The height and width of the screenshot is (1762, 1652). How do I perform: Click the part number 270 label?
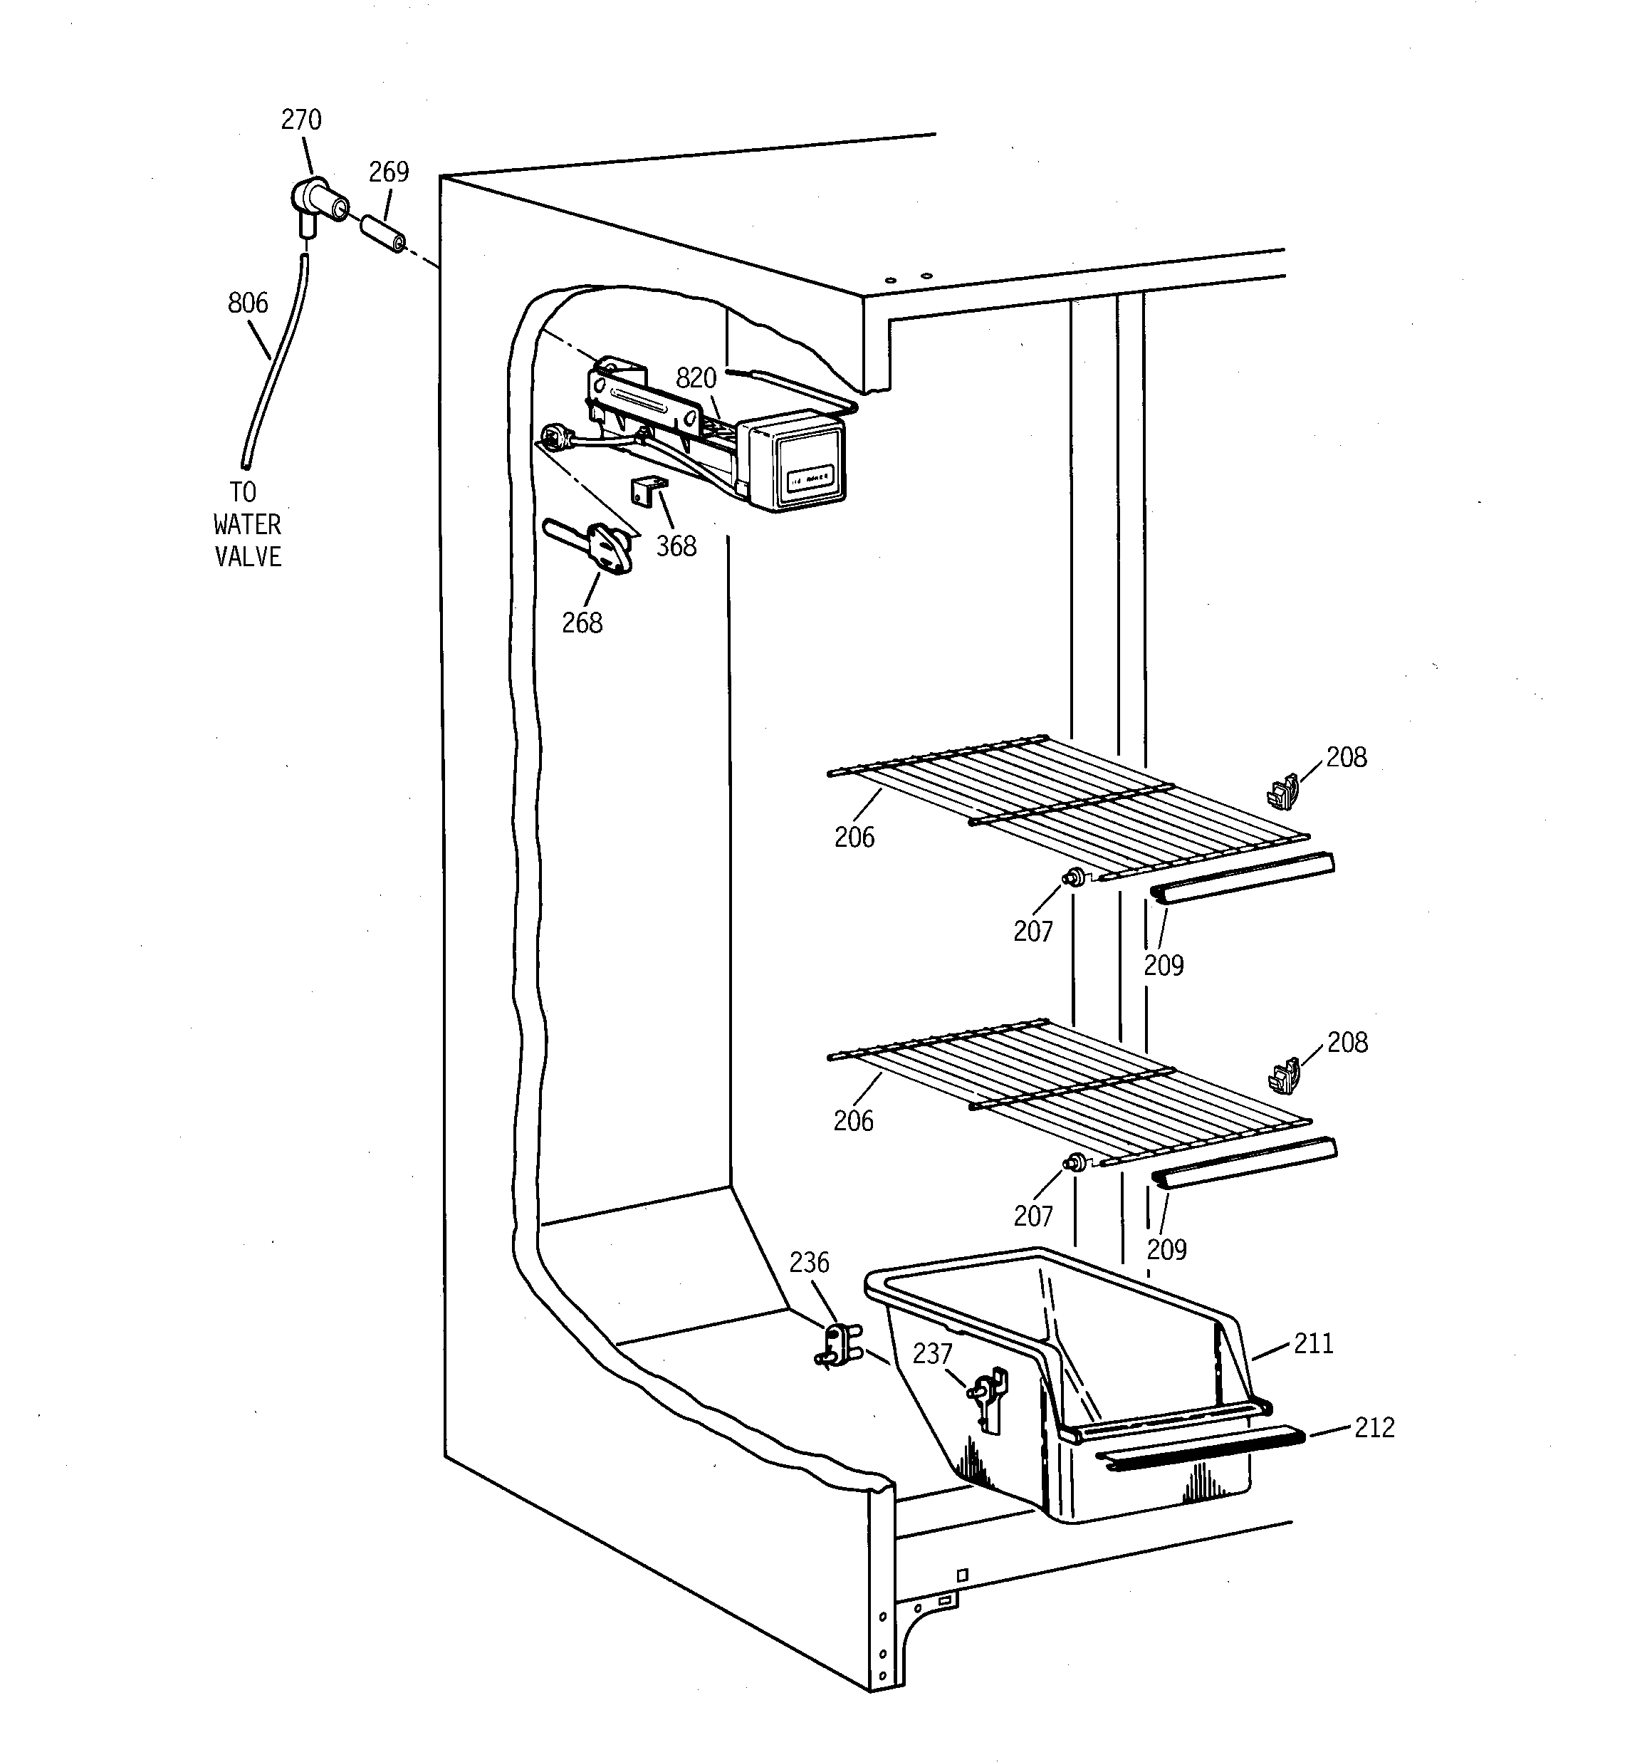[301, 120]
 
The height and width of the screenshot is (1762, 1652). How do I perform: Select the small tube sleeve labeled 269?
[383, 233]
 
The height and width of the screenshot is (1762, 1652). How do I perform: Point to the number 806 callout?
[248, 303]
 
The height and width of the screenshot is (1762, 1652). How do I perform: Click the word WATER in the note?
[247, 525]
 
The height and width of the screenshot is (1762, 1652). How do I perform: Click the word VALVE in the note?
[248, 557]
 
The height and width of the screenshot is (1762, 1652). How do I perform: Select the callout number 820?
[696, 378]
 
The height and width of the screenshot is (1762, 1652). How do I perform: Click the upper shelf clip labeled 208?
[1283, 791]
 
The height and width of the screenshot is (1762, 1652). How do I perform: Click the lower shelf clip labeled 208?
[1284, 1075]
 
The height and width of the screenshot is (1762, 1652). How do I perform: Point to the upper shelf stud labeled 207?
[1074, 877]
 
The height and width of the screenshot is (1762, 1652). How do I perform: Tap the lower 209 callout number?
[1166, 1250]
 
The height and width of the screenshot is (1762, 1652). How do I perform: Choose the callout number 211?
[1314, 1344]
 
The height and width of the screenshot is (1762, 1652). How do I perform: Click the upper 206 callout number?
[854, 837]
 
